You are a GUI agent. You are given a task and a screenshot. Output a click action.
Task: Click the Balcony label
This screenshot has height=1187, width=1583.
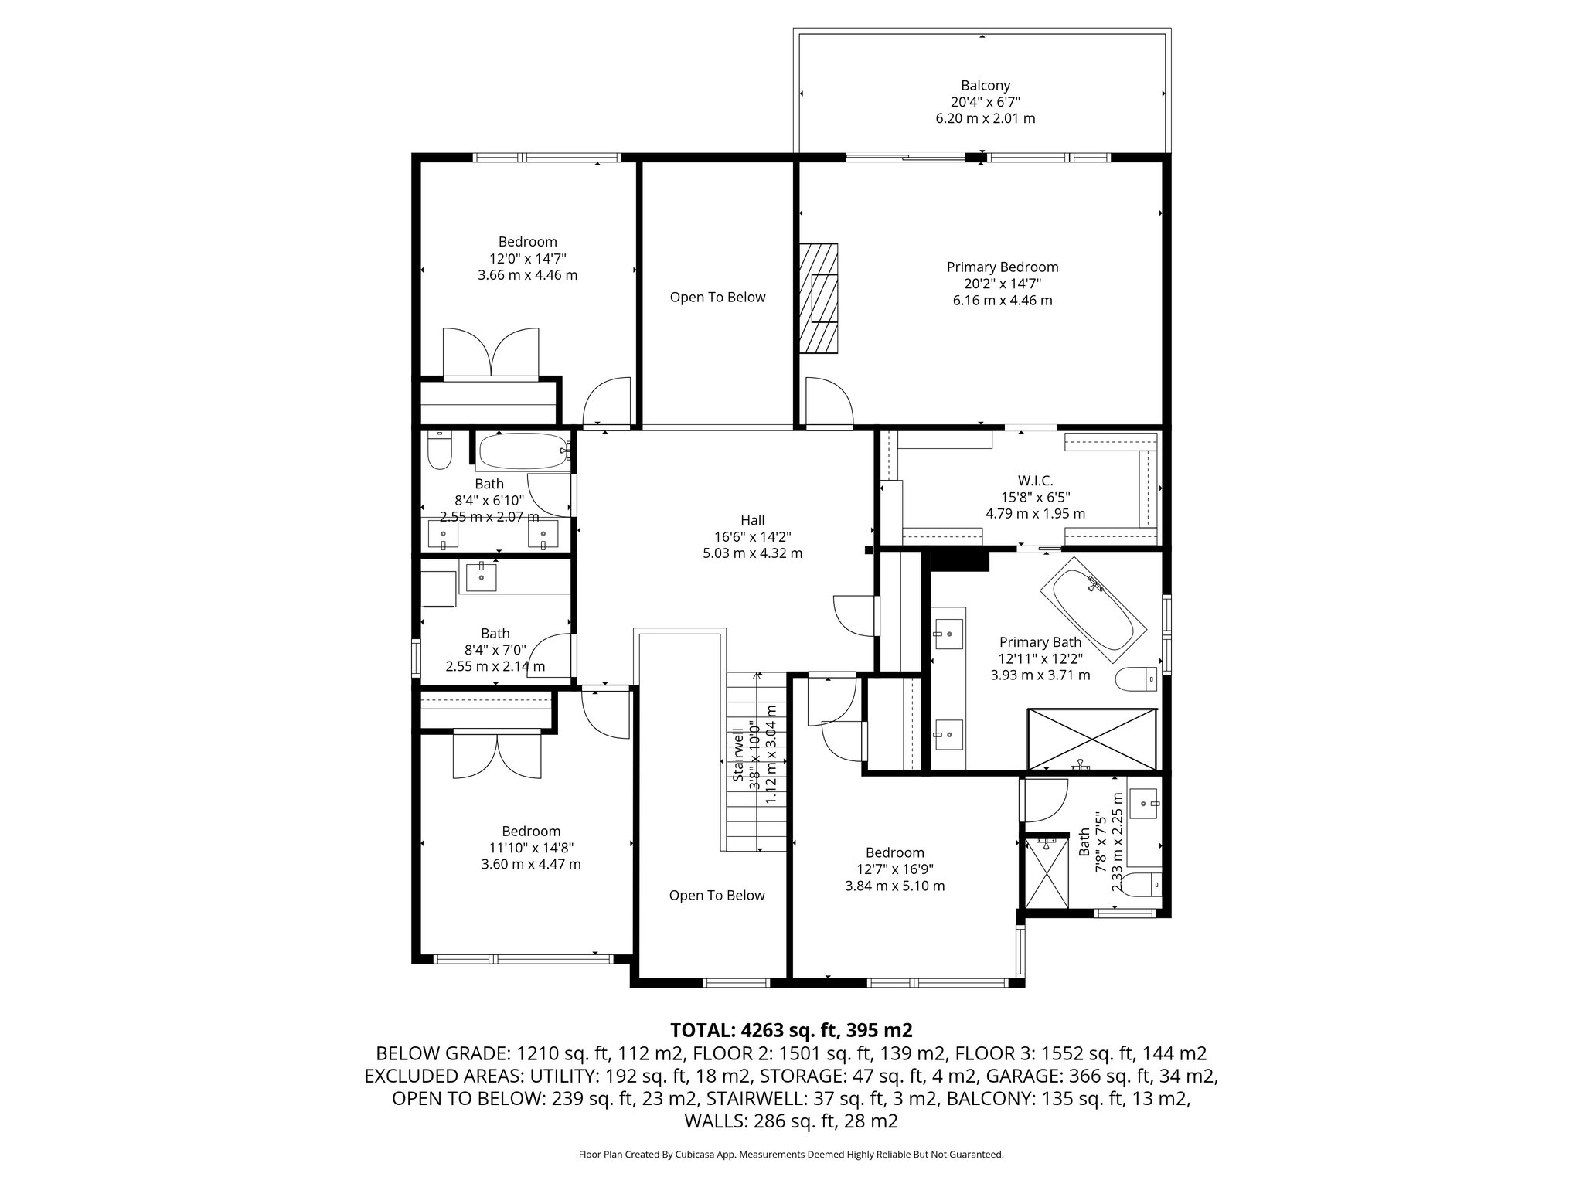pyautogui.click(x=985, y=86)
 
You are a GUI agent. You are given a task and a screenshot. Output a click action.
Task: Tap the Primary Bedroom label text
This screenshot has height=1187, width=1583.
pyautogui.click(x=1003, y=267)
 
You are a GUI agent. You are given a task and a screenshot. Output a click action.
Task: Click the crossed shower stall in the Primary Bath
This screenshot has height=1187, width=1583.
pyautogui.click(x=1092, y=739)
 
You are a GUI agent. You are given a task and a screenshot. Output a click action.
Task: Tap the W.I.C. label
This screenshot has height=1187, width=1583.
pyautogui.click(x=1035, y=481)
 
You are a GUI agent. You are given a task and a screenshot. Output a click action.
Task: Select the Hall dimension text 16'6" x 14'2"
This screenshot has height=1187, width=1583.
pyautogui.click(x=752, y=537)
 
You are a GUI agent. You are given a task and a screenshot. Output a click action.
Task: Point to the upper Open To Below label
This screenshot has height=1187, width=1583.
pyautogui.click(x=717, y=298)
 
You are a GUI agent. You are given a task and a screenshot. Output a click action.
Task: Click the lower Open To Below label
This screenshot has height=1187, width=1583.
pyautogui.click(x=717, y=896)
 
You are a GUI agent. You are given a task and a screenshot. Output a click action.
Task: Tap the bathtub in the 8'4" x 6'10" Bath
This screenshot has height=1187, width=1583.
pyautogui.click(x=523, y=451)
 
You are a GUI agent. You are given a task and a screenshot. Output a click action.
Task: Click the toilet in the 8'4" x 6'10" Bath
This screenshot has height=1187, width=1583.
pyautogui.click(x=439, y=453)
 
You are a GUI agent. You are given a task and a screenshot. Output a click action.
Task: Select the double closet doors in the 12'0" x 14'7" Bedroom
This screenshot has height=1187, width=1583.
pyautogui.click(x=491, y=354)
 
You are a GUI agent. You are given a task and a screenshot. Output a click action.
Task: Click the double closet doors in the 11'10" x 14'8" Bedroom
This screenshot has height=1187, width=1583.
pyautogui.click(x=497, y=754)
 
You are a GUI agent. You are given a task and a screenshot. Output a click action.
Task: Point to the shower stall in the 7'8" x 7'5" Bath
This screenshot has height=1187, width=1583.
pyautogui.click(x=1046, y=873)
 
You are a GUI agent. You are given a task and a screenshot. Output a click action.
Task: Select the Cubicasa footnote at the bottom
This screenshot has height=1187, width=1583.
pyautogui.click(x=791, y=1155)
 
